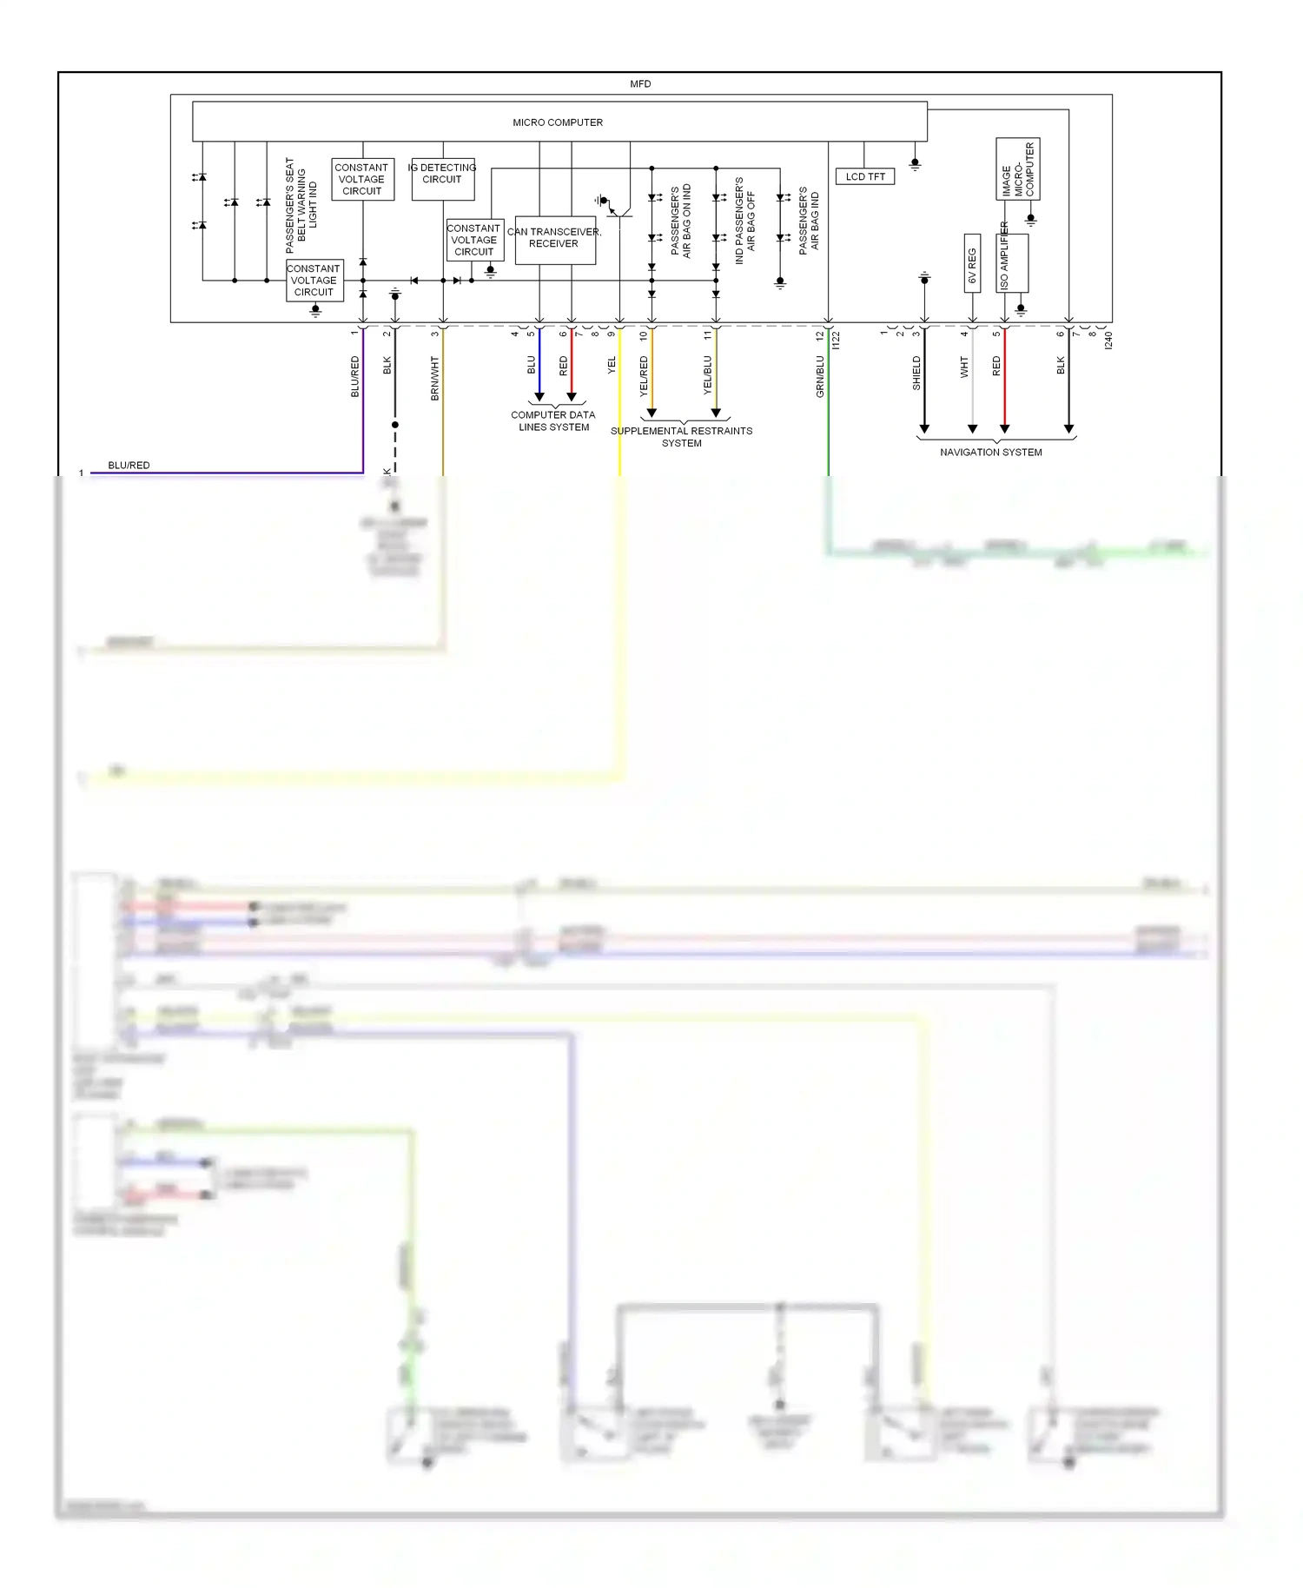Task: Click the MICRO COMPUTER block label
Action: [x=558, y=122]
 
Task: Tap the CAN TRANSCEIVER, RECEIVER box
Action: [x=554, y=240]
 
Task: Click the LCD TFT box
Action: [x=864, y=176]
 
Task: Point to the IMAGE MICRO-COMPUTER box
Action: [x=1017, y=169]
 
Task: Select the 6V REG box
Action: [x=972, y=263]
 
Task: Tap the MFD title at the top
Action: [x=640, y=84]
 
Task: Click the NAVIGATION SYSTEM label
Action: [x=990, y=453]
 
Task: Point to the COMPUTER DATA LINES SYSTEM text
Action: [x=553, y=421]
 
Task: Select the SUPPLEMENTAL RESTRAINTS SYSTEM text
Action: [x=681, y=437]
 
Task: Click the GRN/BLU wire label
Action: [x=820, y=376]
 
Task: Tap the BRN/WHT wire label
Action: [x=435, y=378]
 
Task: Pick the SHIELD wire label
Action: [x=916, y=373]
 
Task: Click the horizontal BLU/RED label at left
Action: [x=129, y=466]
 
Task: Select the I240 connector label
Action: [x=1108, y=341]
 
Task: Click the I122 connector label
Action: [x=837, y=341]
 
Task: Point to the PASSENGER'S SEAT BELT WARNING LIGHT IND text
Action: [x=301, y=205]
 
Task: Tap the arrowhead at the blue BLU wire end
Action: [x=539, y=397]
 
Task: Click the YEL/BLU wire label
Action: [x=707, y=374]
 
